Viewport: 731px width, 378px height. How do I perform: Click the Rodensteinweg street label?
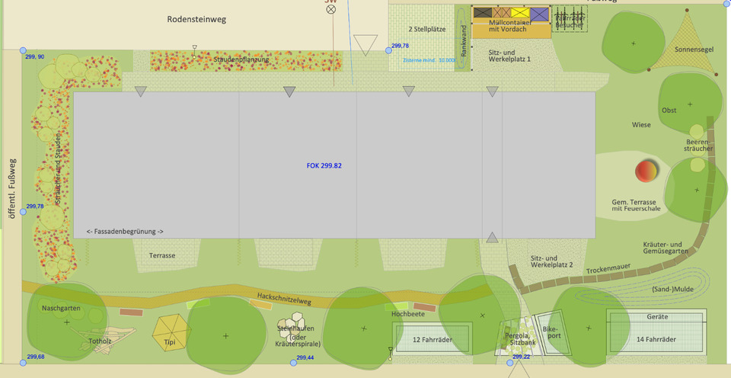pyautogui.click(x=196, y=20)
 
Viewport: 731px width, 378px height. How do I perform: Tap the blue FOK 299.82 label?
pyautogui.click(x=324, y=165)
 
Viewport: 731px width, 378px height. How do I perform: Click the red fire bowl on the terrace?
pyautogui.click(x=646, y=171)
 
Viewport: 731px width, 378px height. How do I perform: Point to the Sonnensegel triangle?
pyautogui.click(x=694, y=42)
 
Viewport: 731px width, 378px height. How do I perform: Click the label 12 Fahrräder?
pyautogui.click(x=431, y=339)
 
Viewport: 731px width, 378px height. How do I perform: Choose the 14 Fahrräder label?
pyautogui.click(x=656, y=339)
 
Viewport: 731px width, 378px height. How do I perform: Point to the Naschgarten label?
pyautogui.click(x=61, y=309)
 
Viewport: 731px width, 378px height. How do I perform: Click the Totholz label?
pyautogui.click(x=100, y=341)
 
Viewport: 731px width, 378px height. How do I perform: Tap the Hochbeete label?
pyautogui.click(x=407, y=313)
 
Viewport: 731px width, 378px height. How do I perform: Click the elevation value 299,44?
pyautogui.click(x=305, y=357)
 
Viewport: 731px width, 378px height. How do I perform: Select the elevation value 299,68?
pyautogui.click(x=35, y=357)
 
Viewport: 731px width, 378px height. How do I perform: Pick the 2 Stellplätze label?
pyautogui.click(x=427, y=29)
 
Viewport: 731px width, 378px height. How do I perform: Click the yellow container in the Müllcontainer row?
pyautogui.click(x=520, y=13)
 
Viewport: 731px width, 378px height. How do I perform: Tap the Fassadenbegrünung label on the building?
pyautogui.click(x=125, y=231)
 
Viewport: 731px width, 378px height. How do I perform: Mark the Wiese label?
pyautogui.click(x=641, y=124)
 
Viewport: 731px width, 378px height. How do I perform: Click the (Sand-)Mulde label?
pyautogui.click(x=671, y=289)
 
